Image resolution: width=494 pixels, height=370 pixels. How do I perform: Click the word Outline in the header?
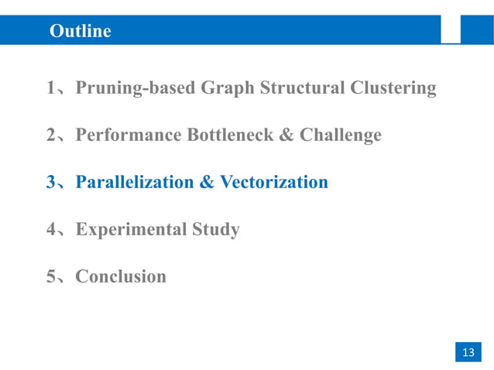[80, 31]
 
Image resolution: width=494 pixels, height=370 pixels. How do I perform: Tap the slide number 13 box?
[468, 352]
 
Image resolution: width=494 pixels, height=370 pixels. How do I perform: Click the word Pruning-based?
[136, 89]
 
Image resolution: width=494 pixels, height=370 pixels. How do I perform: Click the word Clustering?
[393, 89]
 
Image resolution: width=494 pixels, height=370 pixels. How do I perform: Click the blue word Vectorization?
[274, 183]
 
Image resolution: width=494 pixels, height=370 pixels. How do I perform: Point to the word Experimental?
[127, 230]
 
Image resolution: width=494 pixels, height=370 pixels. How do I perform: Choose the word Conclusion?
[121, 276]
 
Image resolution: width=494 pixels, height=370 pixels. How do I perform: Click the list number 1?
[50, 89]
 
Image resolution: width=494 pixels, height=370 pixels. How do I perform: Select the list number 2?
[50, 135]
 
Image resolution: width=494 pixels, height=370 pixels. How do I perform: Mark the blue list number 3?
[50, 183]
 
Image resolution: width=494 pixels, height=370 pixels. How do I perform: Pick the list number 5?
[50, 276]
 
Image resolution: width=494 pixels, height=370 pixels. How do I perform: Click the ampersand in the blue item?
[207, 183]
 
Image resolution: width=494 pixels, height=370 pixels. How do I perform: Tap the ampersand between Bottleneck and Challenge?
[286, 135]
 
